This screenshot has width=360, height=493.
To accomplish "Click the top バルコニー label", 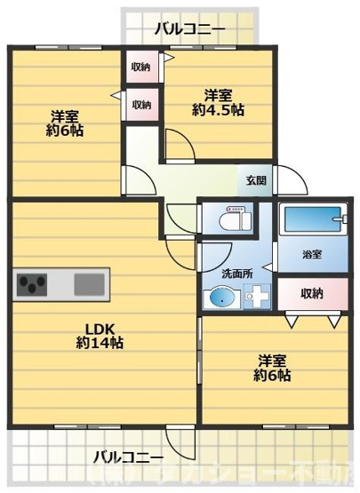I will pyautogui.click(x=188, y=29).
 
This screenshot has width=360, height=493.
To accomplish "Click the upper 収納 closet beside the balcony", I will pyautogui.click(x=141, y=68).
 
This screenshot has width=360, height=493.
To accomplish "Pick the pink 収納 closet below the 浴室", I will pyautogui.click(x=310, y=293).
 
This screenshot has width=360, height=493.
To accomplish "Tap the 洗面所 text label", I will pyautogui.click(x=236, y=274).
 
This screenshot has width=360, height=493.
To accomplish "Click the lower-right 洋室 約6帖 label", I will pyautogui.click(x=274, y=368).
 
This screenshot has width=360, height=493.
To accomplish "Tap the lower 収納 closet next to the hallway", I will pyautogui.click(x=141, y=104).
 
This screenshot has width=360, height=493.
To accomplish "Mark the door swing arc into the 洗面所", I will pyautogui.click(x=213, y=251).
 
